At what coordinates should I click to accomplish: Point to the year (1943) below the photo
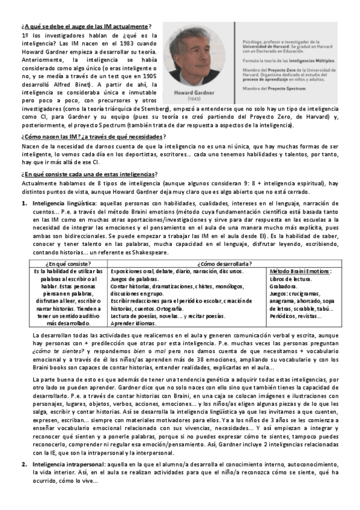pyautogui.click(x=195, y=99)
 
